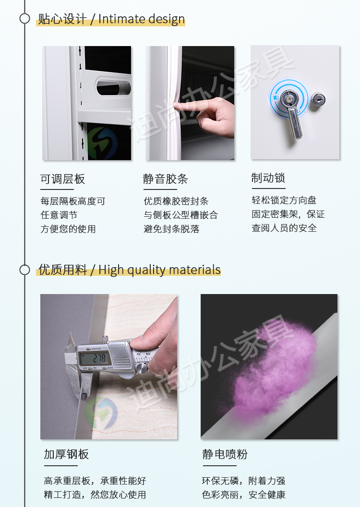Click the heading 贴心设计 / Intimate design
pyautogui.click(x=111, y=19)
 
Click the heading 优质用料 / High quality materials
pyautogui.click(x=129, y=270)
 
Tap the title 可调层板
pyautogui.click(x=62, y=179)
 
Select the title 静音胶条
pyautogui.click(x=165, y=179)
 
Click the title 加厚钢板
pyautogui.click(x=66, y=454)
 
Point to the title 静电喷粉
pyautogui.click(x=225, y=454)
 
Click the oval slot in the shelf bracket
pyautogui.click(x=113, y=87)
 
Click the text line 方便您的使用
pyautogui.click(x=68, y=229)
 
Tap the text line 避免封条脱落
pyautogui.click(x=171, y=229)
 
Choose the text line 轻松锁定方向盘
pyautogui.click(x=284, y=200)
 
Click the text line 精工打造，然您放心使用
pyautogui.click(x=95, y=495)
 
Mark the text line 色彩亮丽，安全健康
pyautogui.click(x=243, y=495)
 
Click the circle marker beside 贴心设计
pyautogui.click(x=25, y=19)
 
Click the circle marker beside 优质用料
pyautogui.click(x=25, y=270)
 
